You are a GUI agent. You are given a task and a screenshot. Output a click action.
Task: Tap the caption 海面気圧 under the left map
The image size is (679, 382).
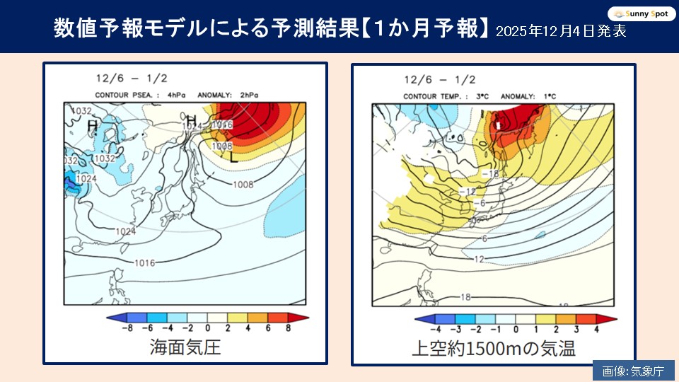coord(185,347)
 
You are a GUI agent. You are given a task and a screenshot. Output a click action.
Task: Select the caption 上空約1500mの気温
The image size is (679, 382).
coord(494,347)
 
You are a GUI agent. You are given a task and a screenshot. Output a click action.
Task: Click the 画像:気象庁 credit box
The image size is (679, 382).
coord(633,371)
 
